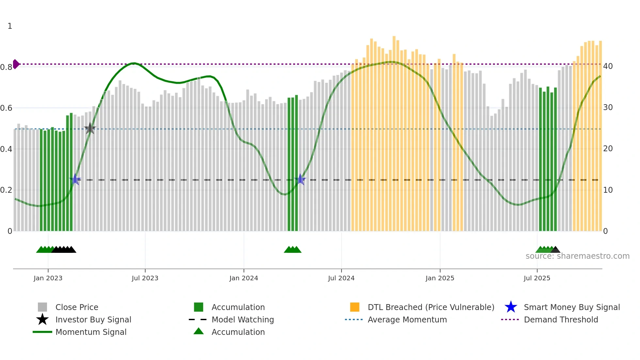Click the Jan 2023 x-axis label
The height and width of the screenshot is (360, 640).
48,278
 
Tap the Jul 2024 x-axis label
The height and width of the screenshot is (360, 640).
341,278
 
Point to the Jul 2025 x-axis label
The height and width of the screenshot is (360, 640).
537,278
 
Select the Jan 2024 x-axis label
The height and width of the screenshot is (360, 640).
244,278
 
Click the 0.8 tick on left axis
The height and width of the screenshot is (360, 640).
6,67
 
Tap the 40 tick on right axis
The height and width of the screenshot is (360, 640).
608,66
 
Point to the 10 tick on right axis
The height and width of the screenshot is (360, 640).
608,190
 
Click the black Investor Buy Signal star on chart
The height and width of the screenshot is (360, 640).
90,129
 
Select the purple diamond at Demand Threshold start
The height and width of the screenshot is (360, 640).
16,64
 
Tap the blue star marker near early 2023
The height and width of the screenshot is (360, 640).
75,179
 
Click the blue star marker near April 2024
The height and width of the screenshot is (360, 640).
300,179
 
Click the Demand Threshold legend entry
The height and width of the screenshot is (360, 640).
561,320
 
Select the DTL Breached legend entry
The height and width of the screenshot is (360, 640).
431,307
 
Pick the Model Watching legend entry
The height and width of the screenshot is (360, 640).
242,320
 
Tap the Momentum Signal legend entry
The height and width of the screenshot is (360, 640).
91,332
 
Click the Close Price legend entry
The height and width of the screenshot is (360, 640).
76,307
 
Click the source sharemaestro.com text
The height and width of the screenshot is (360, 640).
577,256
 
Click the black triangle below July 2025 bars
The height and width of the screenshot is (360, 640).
555,250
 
